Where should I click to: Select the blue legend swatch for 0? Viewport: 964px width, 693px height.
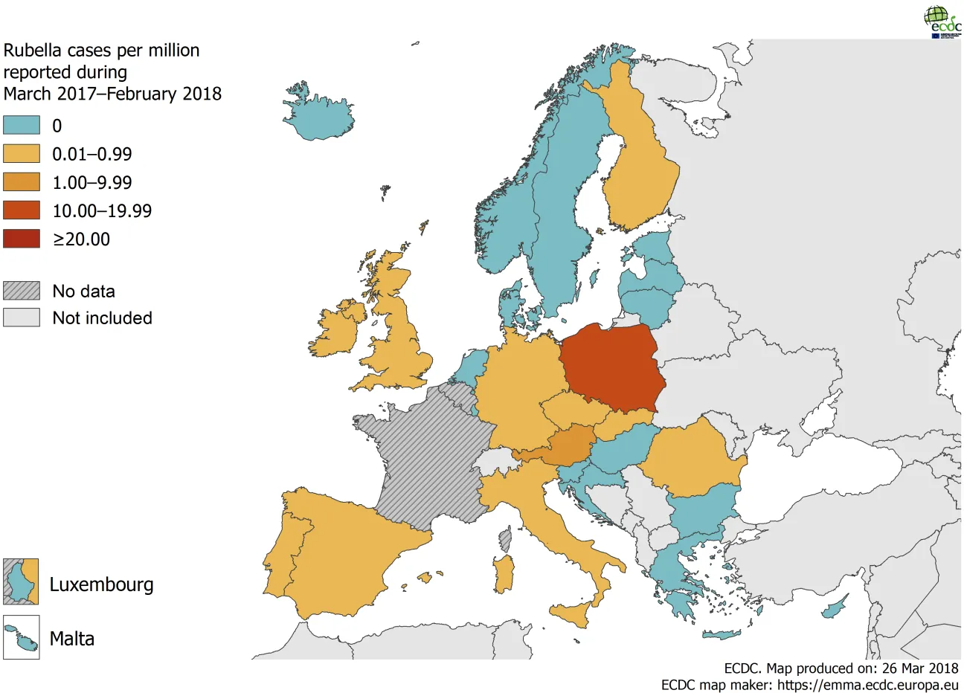pyautogui.click(x=22, y=125)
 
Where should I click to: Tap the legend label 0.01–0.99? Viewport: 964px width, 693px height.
pyautogui.click(x=91, y=155)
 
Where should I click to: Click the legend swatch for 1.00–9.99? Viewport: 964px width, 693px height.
pyautogui.click(x=22, y=182)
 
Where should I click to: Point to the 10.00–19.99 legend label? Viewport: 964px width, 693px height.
pyautogui.click(x=102, y=211)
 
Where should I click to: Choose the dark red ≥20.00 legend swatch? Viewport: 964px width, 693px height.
pyautogui.click(x=22, y=239)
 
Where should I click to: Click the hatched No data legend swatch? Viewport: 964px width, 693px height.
pyautogui.click(x=22, y=291)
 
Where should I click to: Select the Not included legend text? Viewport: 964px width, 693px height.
pyautogui.click(x=102, y=318)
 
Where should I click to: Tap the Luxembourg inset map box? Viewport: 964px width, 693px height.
pyautogui.click(x=21, y=581)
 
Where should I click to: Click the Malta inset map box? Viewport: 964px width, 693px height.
pyautogui.click(x=21, y=638)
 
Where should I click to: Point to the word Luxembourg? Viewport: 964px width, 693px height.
pyautogui.click(x=101, y=584)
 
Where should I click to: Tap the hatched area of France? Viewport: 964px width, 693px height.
pyautogui.click(x=420, y=461)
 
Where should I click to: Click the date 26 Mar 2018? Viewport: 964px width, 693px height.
pyautogui.click(x=920, y=668)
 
